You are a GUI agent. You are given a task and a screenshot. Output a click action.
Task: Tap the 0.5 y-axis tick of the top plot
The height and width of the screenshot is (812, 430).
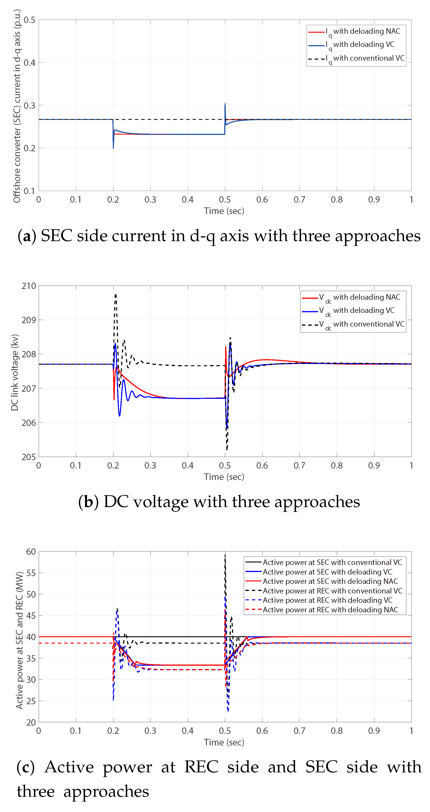coord(29,20)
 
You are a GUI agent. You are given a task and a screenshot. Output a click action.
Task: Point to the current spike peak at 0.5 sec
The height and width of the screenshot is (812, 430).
coord(225,104)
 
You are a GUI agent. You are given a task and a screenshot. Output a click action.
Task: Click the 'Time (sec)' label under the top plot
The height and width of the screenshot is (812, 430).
coord(224,211)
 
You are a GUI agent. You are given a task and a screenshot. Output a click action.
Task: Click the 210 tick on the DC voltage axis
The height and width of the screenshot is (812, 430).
coord(29,286)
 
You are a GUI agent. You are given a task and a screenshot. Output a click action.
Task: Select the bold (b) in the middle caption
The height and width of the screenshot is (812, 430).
coord(88,502)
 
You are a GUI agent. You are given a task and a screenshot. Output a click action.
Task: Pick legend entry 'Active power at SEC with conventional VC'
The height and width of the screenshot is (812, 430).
coord(332,562)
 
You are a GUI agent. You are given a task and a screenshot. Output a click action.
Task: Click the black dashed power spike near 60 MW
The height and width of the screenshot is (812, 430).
coord(225,555)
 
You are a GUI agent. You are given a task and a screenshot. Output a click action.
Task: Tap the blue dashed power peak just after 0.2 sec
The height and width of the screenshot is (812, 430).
coord(117,610)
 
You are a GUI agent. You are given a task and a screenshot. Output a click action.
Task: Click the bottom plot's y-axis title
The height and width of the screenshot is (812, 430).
coord(20,640)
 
